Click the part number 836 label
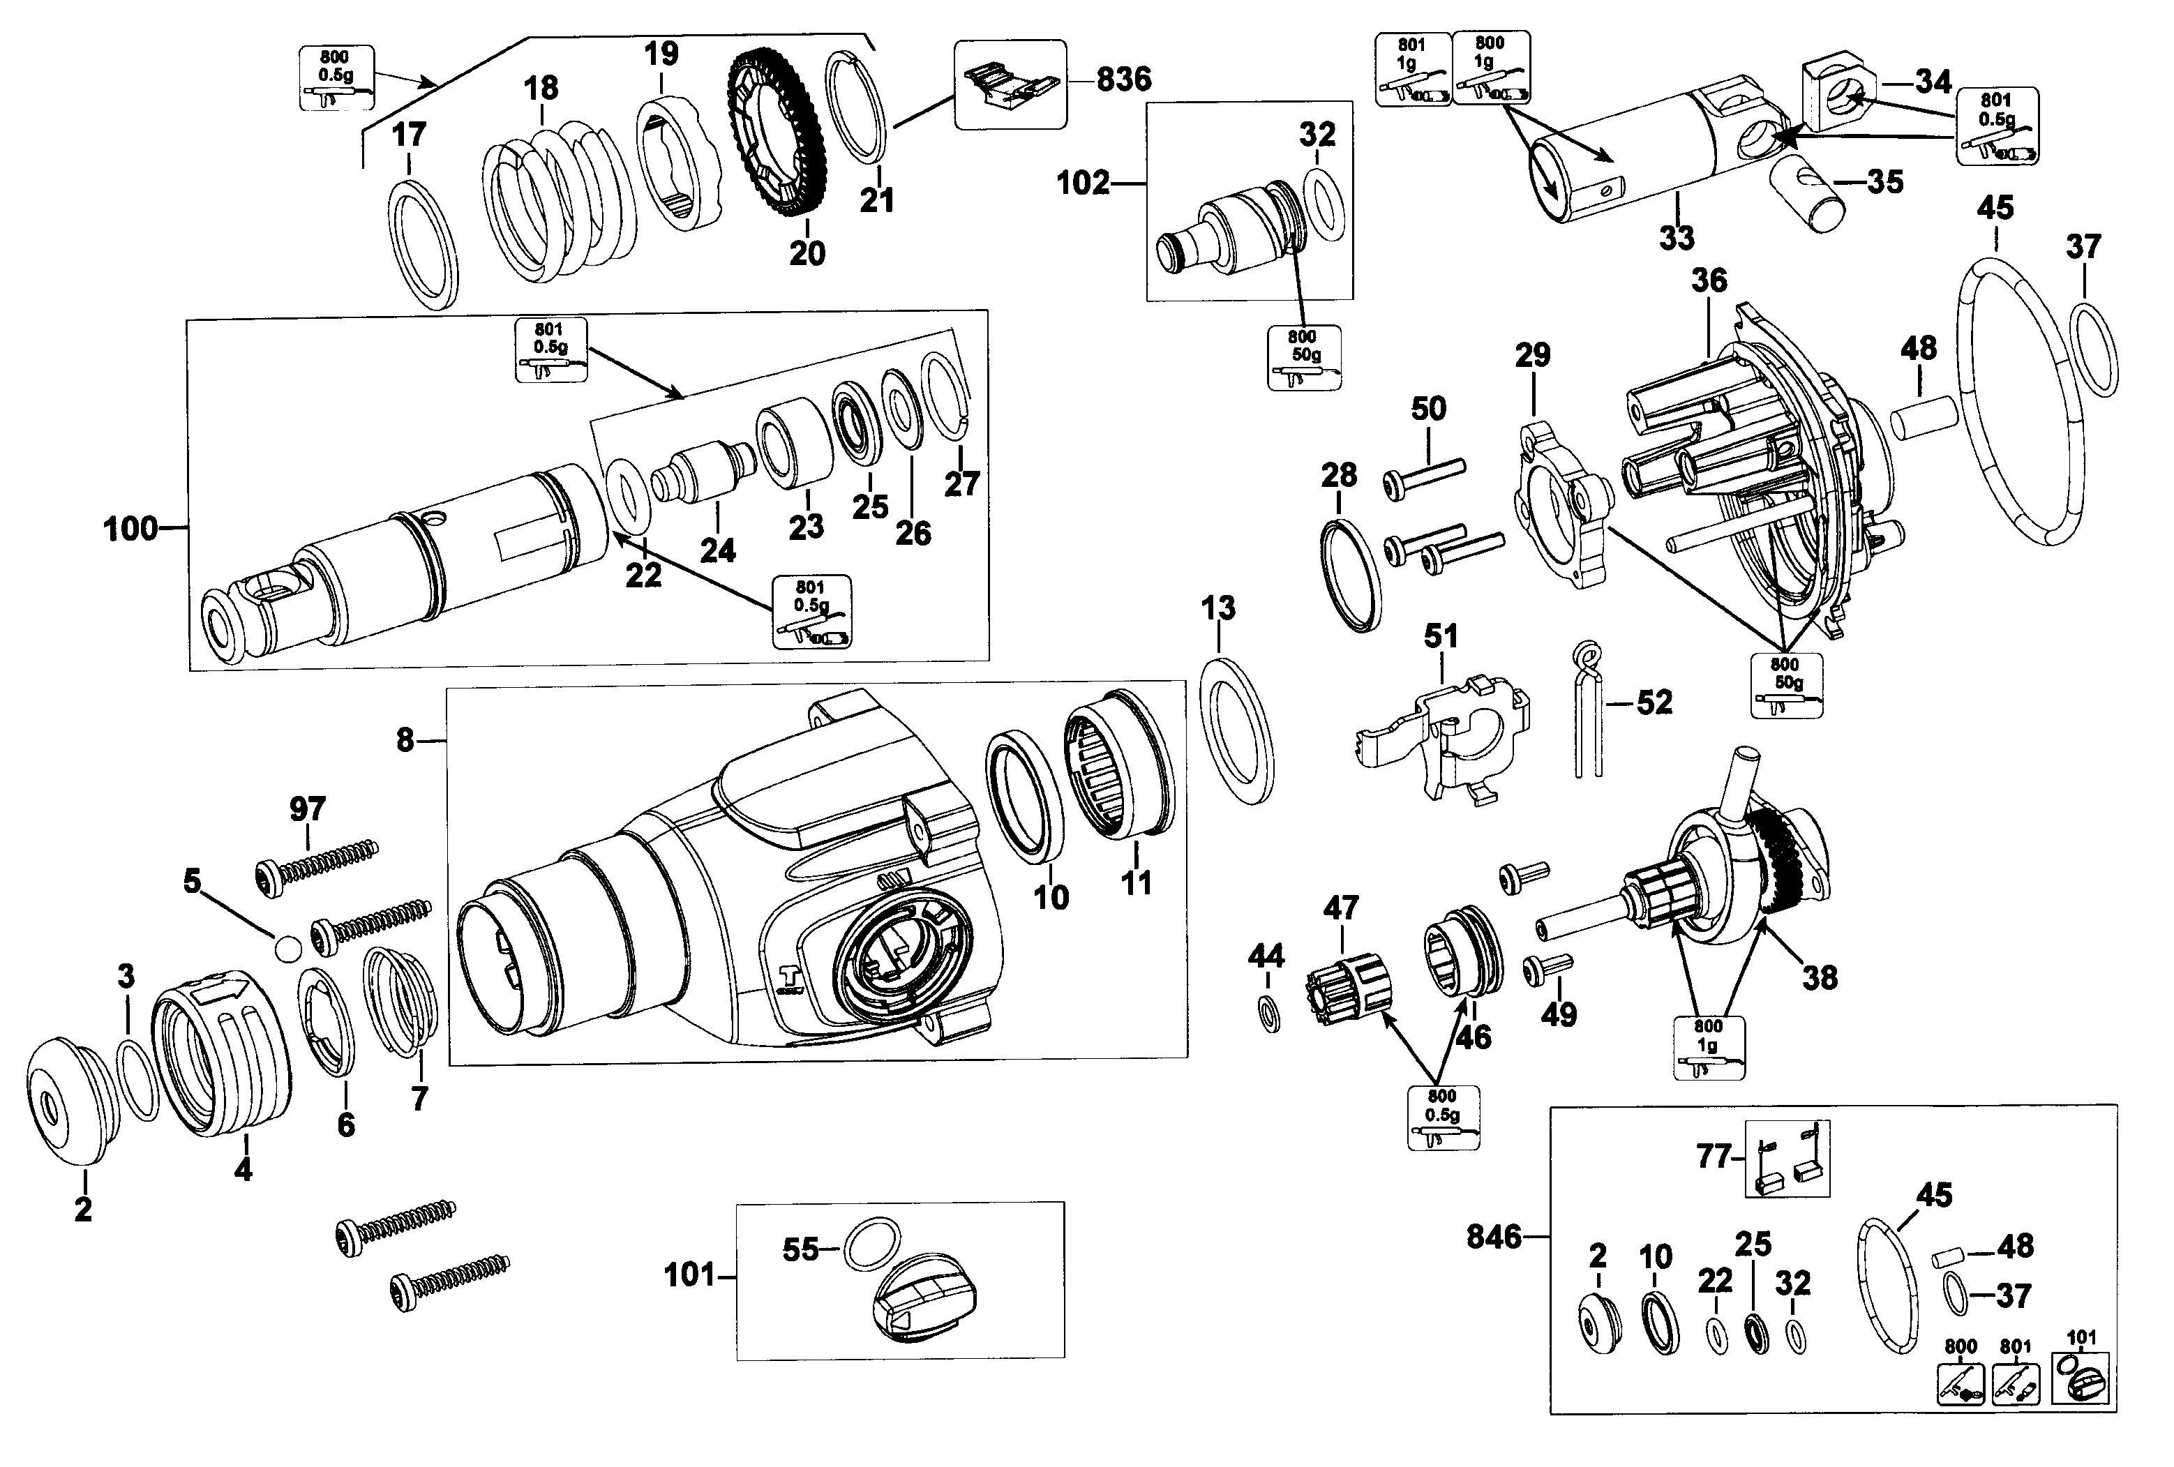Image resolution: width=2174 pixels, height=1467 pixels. [1123, 80]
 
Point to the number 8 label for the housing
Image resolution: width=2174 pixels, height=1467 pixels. [404, 740]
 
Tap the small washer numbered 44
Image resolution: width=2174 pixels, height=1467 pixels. [1269, 1014]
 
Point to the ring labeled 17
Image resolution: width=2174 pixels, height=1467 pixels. [423, 244]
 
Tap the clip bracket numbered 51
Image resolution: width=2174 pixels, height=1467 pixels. [1441, 739]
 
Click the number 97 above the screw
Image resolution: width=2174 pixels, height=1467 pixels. [307, 808]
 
